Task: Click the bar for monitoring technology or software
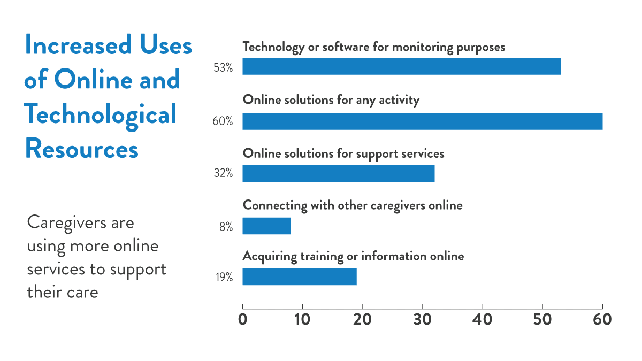tap(401, 66)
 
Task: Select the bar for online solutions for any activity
tap(422, 121)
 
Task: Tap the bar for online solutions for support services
tap(338, 174)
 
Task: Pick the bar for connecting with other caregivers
tap(266, 226)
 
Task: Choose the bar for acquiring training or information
tap(299, 276)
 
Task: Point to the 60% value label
tap(223, 121)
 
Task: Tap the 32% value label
tap(223, 174)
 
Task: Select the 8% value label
tap(226, 226)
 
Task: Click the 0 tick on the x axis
tap(243, 319)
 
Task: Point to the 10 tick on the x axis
tap(303, 319)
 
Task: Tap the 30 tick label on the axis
tap(423, 319)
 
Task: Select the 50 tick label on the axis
tap(542, 319)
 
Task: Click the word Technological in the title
tap(101, 114)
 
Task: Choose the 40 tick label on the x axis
tap(483, 319)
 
